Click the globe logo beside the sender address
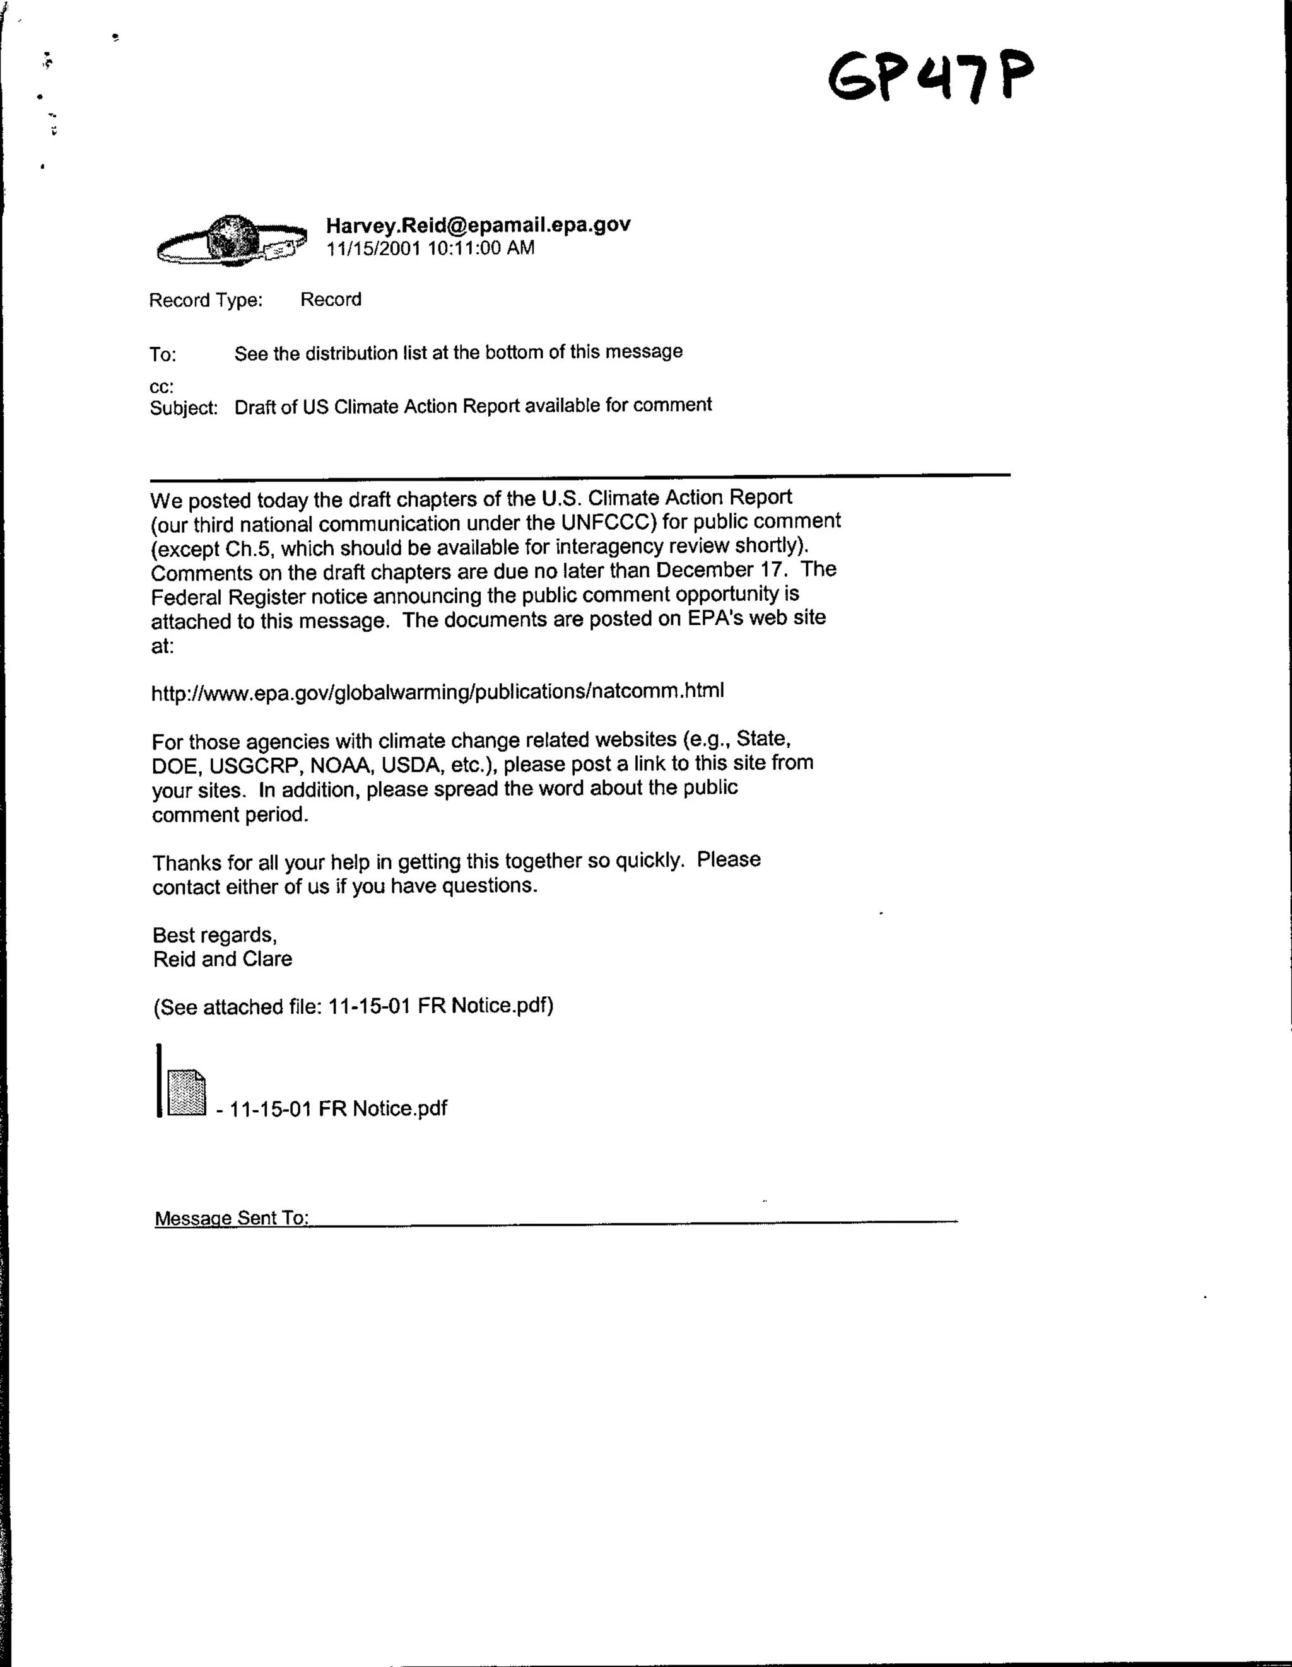tap(232, 240)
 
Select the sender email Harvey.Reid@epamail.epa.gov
tap(478, 224)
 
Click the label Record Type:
tap(206, 300)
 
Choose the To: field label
tap(163, 354)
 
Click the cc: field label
tap(161, 386)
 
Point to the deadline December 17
tap(721, 570)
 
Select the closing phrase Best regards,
tap(214, 935)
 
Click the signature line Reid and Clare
tap(222, 960)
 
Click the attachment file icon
tap(186, 1093)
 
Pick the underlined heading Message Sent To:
tap(232, 1218)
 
